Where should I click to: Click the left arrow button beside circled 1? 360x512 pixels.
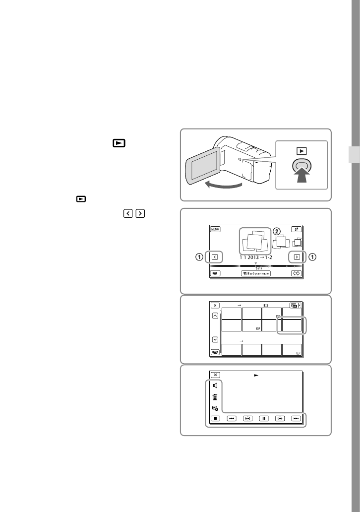214,257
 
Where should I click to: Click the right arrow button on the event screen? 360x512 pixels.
296,257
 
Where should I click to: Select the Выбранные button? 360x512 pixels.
256,273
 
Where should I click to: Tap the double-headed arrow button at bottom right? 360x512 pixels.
296,273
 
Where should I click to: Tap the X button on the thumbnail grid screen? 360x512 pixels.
215,306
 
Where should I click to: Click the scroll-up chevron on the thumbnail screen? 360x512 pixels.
215,317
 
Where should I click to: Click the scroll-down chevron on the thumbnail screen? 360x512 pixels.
215,339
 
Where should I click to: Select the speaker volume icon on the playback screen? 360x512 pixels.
215,385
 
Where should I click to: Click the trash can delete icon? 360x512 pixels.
215,396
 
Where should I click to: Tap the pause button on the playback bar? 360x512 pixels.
264,418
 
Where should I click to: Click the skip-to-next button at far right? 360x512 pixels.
296,418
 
